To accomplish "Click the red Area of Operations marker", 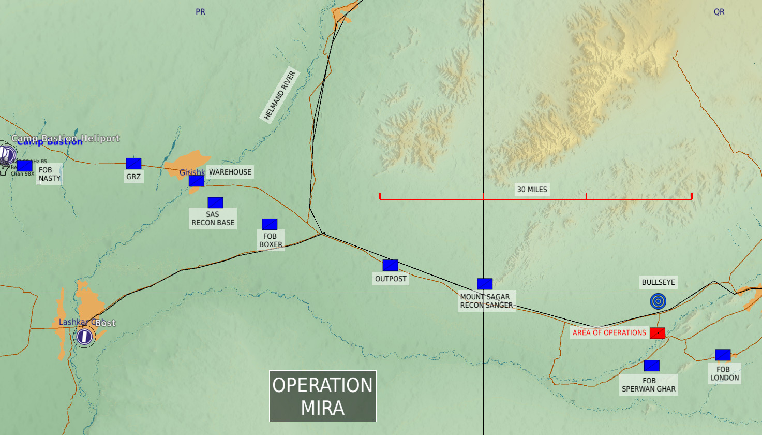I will [x=658, y=333].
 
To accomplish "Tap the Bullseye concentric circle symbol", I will [x=658, y=301].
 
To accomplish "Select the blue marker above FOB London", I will [x=723, y=355].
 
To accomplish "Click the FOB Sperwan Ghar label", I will [x=649, y=385].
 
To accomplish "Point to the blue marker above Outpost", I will [x=391, y=265].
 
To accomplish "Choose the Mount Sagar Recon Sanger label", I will [x=486, y=301].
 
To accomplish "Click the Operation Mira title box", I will [x=323, y=396].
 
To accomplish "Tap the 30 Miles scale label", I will [x=532, y=190].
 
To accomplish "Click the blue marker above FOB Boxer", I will [x=270, y=224].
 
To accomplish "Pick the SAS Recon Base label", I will [x=213, y=219].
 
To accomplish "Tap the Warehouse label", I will [x=230, y=172].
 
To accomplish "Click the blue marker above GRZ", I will [x=133, y=164].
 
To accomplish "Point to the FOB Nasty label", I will [x=50, y=174].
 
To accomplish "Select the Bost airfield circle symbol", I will [x=84, y=337].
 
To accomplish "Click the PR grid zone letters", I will [x=200, y=12].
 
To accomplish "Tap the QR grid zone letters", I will [x=719, y=12].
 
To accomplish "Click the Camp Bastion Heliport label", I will [x=66, y=138].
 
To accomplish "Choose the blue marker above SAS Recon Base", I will [x=215, y=202].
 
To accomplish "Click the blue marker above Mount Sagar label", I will [x=485, y=284].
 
